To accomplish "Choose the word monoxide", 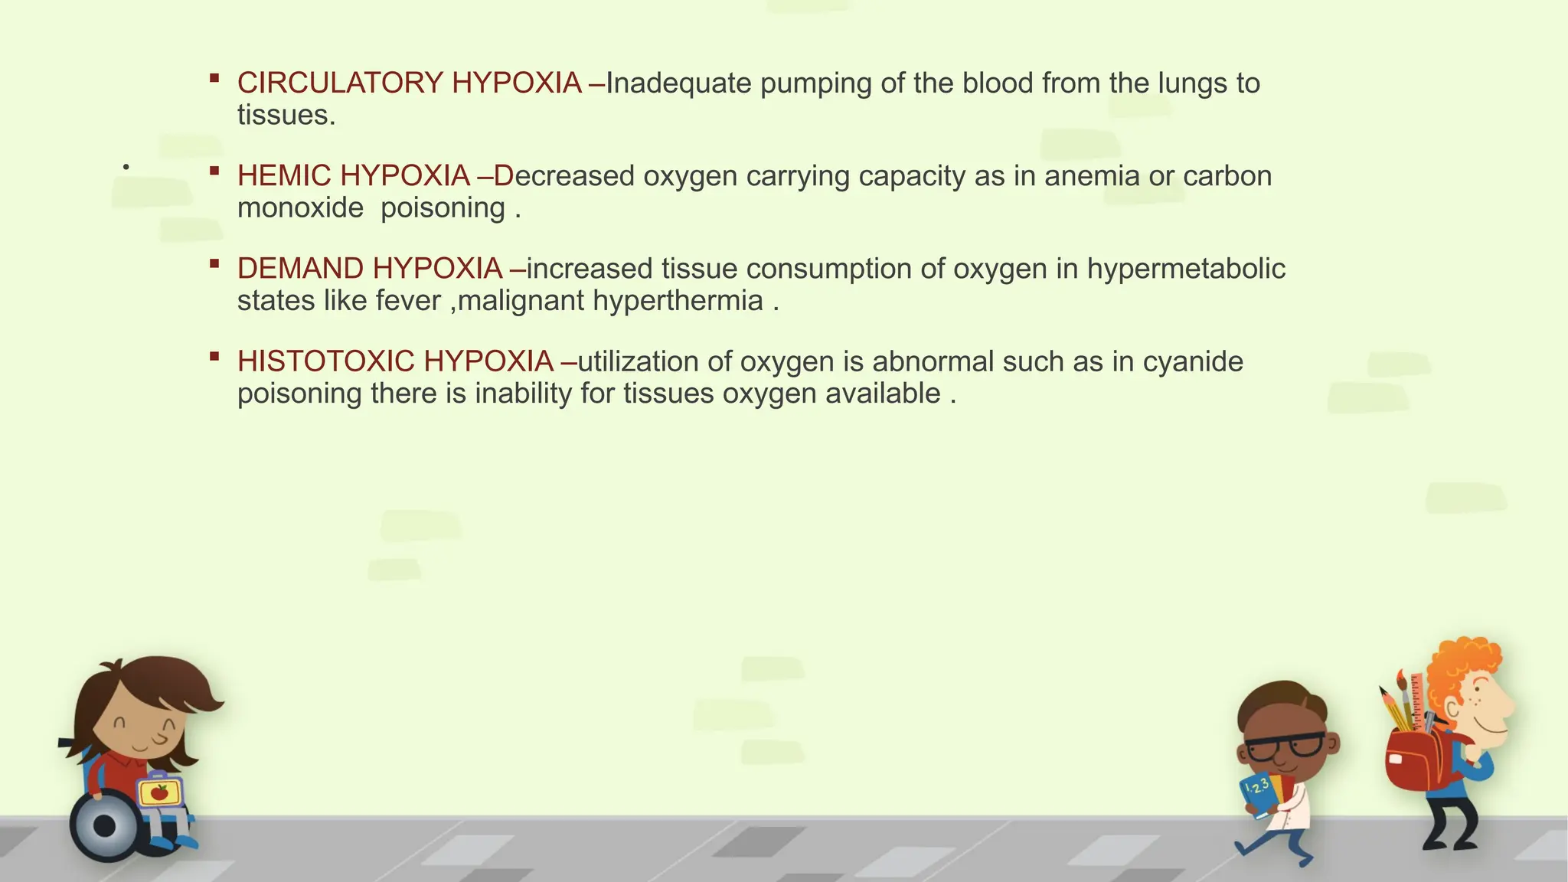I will click(300, 208).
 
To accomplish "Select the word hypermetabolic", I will click(1186, 269).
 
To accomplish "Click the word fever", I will click(408, 301).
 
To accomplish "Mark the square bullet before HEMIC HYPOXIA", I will click(214, 171).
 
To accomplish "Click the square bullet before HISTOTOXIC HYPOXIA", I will click(214, 356).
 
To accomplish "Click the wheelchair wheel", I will click(104, 826).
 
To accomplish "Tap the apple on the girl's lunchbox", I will click(159, 792).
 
